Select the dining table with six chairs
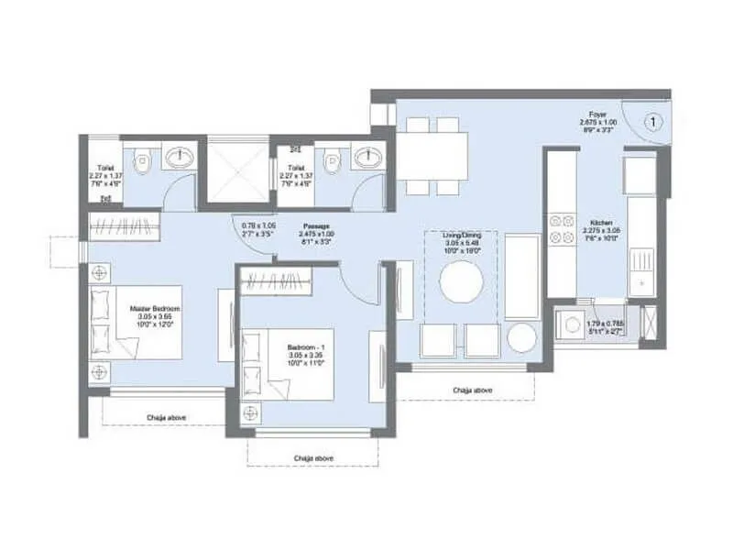[432, 155]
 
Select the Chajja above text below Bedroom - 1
[312, 457]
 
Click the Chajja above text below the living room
[472, 390]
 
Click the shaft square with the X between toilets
[238, 169]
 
